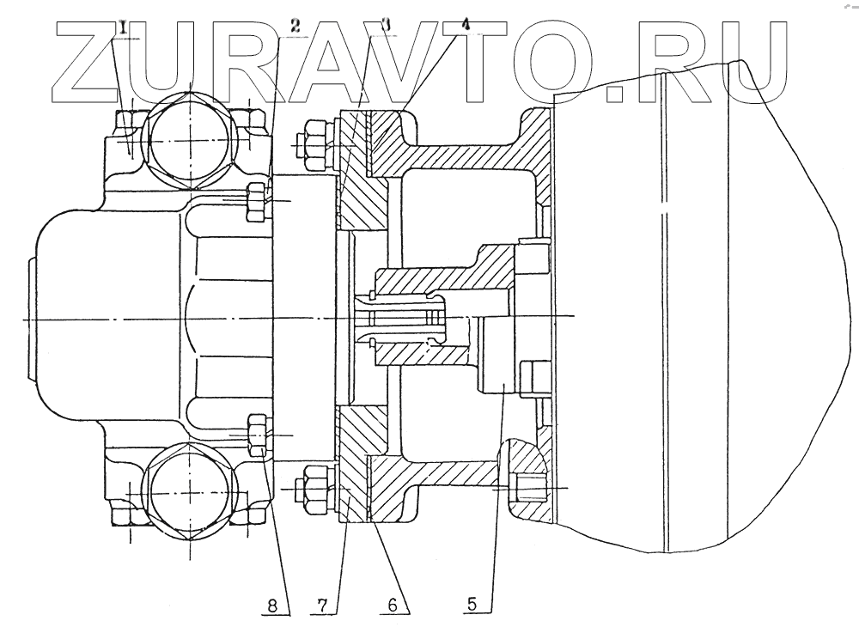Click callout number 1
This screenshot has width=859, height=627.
125,27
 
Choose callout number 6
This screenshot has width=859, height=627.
391,605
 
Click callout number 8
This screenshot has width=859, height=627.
272,605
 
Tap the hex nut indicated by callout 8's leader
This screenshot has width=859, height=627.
257,435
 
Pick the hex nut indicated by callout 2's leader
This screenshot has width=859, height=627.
256,201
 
